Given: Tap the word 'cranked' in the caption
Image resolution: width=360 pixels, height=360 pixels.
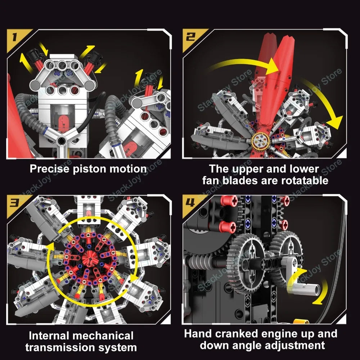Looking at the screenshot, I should (x=235, y=334).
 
